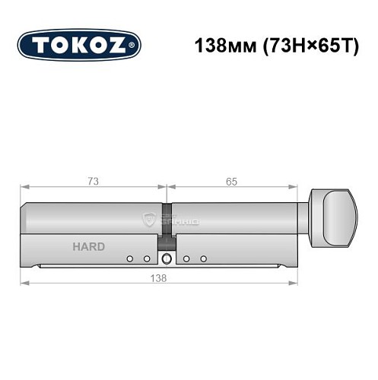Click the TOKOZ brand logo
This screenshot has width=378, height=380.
[78, 46]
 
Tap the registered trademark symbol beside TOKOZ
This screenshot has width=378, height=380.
[134, 46]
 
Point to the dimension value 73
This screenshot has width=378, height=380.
[92, 180]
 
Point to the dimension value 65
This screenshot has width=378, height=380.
[231, 180]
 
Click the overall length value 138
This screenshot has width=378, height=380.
[158, 277]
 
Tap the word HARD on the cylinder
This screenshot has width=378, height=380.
[89, 247]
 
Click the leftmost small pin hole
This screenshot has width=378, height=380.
[130, 259]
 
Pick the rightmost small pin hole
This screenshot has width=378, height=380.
[203, 259]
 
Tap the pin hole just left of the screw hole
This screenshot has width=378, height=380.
[147, 259]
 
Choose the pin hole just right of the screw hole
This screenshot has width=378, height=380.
[186, 259]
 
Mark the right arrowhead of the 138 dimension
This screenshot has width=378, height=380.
[295, 284]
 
